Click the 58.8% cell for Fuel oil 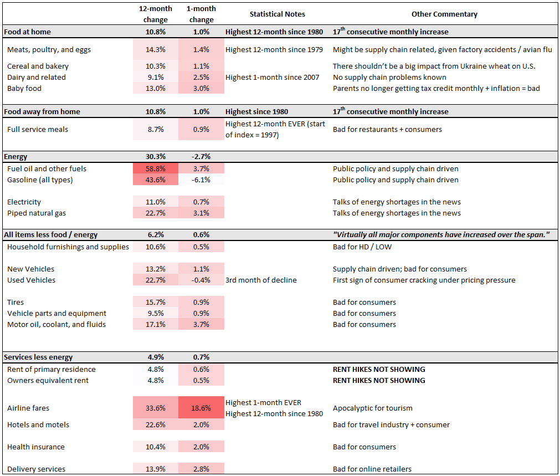[x=156, y=168]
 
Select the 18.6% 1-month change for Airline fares [x=201, y=408]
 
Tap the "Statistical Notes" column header [x=277, y=14]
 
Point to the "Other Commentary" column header [x=444, y=14]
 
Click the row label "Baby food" [x=24, y=88]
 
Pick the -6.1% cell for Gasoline [x=201, y=180]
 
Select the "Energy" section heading [x=16, y=157]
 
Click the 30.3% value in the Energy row [x=156, y=157]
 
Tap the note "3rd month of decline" [x=261, y=280]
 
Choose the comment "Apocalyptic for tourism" [x=372, y=408]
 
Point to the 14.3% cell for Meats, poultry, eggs [x=156, y=49]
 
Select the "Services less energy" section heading [x=38, y=357]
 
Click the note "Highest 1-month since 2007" [x=272, y=77]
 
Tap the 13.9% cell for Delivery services [x=156, y=469]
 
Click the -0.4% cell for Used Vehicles [x=201, y=280]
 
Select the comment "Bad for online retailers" [x=372, y=469]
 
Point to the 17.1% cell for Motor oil [x=156, y=324]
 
